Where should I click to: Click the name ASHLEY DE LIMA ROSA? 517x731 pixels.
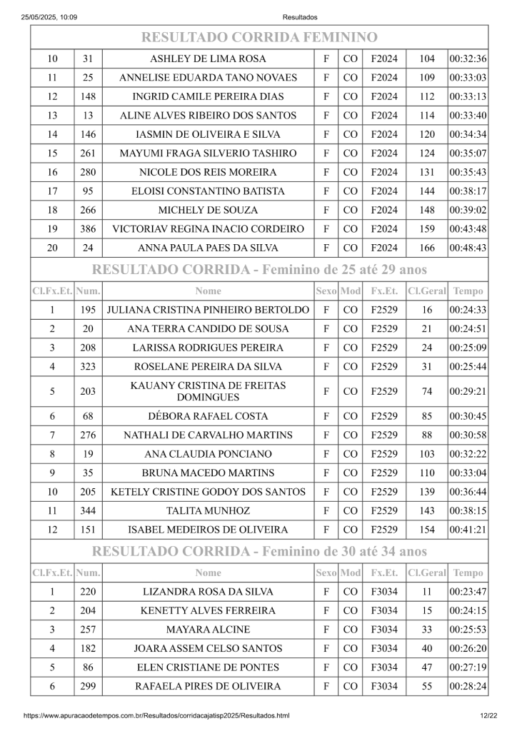pos(208,59)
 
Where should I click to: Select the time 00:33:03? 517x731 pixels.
pos(468,77)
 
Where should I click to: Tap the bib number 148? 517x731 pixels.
pos(88,96)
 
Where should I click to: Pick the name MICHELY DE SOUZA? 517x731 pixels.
pos(208,210)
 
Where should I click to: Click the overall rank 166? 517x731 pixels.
pos(427,248)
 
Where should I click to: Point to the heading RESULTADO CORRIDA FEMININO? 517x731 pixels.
pos(258,37)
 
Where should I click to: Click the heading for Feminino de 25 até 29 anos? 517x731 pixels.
pos(260,270)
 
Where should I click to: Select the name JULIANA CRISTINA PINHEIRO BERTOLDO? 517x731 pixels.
pos(208,310)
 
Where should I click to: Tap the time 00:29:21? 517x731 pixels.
pos(468,391)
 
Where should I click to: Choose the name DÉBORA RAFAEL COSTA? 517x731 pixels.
pos(208,416)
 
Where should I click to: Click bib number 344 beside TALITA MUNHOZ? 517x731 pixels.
pos(88,511)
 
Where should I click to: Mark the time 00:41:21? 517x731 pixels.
pos(468,530)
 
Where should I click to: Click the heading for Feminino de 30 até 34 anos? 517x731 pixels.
pos(260,551)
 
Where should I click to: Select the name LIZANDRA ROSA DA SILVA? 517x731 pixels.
pos(208,592)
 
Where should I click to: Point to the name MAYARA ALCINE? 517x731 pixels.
pos(208,630)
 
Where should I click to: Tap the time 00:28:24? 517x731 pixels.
pos(468,686)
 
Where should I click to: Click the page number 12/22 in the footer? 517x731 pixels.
pos(488,715)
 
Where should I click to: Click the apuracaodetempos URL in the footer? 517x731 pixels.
pos(156,715)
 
